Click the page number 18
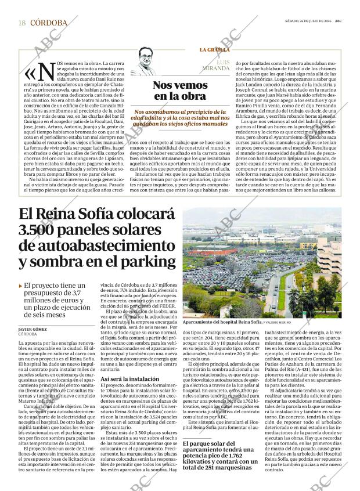point(21,23)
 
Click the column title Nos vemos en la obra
point(179,91)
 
